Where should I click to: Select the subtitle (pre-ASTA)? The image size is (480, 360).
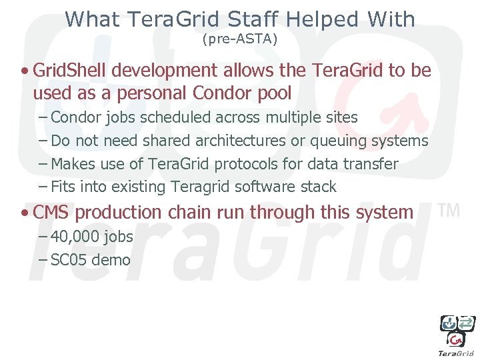[x=239, y=39]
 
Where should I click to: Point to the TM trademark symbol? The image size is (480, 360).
[x=450, y=210]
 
